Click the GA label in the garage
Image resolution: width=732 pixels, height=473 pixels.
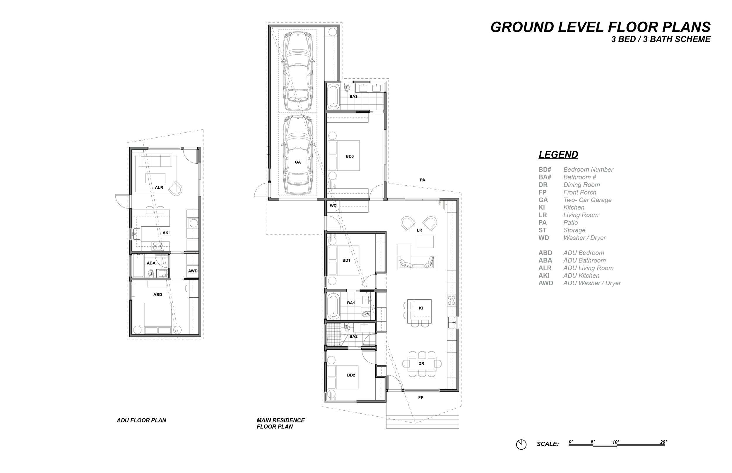pos(298,162)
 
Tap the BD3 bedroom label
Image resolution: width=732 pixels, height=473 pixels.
pos(350,156)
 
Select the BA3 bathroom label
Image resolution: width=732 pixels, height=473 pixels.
pos(353,96)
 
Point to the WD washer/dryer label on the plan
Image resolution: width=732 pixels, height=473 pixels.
pos(333,206)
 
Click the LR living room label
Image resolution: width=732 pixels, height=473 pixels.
pos(420,230)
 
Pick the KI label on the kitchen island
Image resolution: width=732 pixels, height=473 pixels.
pos(421,308)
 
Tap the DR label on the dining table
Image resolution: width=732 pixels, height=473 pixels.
pos(421,363)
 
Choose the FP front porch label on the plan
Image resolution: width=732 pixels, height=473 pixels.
pos(421,398)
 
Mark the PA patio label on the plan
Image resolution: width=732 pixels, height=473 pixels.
pos(423,180)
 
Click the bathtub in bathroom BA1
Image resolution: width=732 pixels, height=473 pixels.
pos(333,306)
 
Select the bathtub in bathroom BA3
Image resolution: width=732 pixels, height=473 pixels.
pos(333,96)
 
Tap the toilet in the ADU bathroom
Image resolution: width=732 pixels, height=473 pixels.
pos(151,273)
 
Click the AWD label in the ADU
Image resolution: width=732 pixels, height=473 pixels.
pos(193,271)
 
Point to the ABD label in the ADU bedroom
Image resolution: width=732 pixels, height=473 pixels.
pos(158,295)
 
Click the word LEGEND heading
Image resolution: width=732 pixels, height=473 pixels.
pos(558,154)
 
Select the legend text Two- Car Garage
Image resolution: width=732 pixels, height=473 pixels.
pos(587,200)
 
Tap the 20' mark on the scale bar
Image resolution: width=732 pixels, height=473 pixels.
pos(663,442)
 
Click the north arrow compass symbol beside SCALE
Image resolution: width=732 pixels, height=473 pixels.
pos(521,444)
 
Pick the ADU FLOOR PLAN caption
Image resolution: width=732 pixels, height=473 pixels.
pos(141,420)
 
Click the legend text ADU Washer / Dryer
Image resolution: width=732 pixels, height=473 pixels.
pos(592,283)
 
